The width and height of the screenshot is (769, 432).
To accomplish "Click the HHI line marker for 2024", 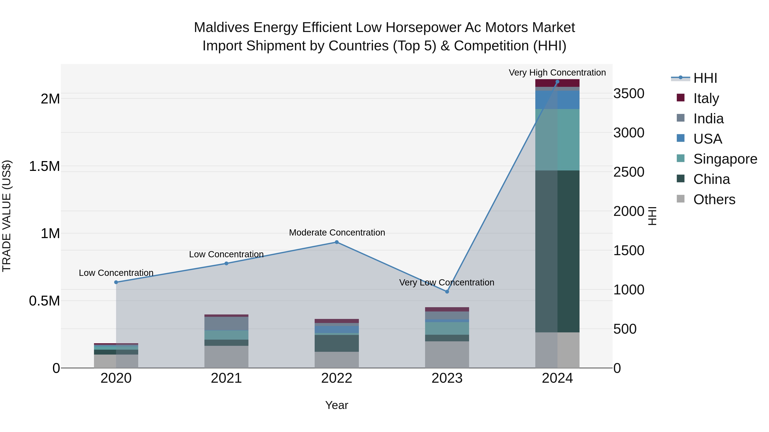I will pos(557,82).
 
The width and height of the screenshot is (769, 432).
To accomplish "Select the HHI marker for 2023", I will pos(447,292).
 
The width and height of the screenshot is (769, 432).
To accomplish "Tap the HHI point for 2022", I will pos(337,242).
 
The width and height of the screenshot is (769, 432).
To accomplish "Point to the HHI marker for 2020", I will pos(116,282).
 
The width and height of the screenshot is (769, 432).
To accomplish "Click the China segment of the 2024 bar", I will pos(557,251).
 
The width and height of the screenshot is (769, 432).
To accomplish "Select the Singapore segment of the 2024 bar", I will pos(557,140).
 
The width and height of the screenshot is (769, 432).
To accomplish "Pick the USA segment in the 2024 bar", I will pos(557,100).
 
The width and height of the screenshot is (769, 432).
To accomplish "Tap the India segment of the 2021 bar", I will pos(226,323).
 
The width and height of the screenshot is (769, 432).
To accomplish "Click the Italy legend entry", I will pos(706,98).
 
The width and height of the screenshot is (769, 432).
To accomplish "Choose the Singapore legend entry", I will pos(725,159).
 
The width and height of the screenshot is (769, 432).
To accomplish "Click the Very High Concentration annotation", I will pos(557,73).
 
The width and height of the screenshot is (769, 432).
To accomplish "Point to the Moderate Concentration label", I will pos(337,232).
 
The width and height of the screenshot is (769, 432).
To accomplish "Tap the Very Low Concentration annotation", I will pos(447,282).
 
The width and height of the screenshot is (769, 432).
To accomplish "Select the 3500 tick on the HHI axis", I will pos(629,94).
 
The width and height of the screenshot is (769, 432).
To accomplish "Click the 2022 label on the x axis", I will pos(337,378).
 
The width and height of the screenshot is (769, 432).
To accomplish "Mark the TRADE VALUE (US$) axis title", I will pos(7,216).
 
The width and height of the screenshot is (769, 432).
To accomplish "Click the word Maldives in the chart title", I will pos(221,28).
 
